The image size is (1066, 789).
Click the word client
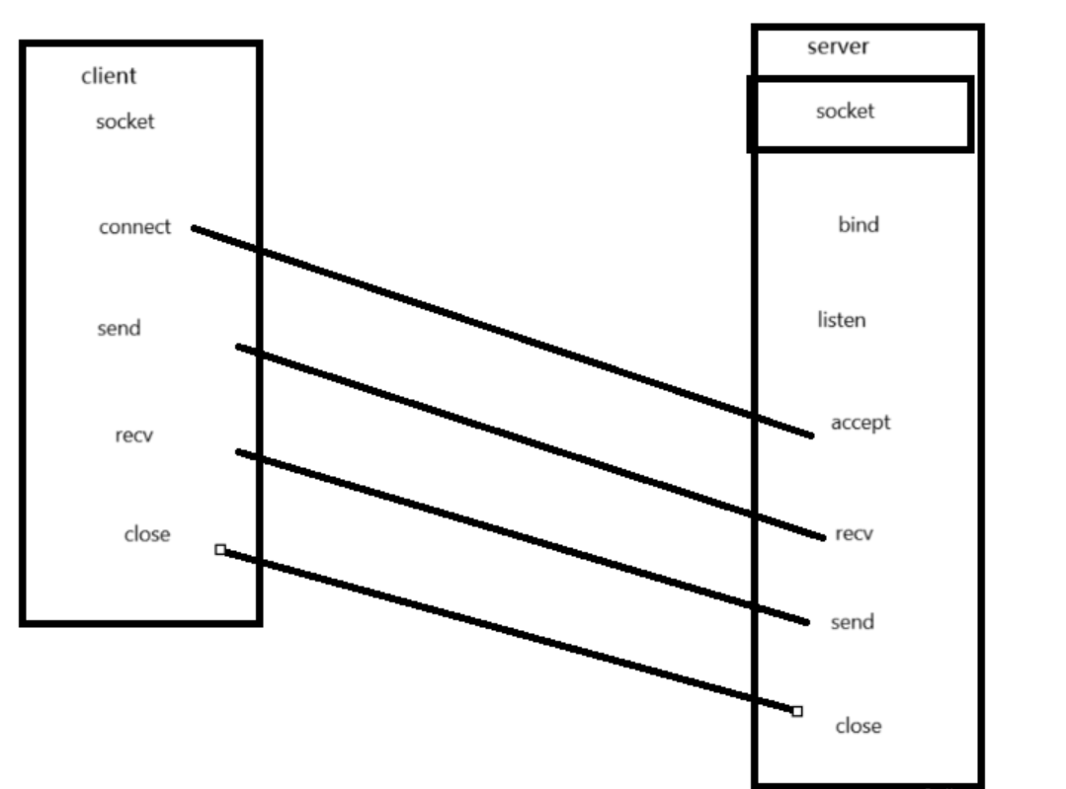coord(108,76)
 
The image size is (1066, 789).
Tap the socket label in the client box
coord(124,122)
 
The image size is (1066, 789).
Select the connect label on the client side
coord(134,227)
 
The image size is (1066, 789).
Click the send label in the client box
coord(119,328)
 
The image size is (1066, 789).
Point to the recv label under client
coord(132,434)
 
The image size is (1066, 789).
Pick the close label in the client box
coord(146,534)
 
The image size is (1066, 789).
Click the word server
coord(838,47)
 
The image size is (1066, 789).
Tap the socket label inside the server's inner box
coord(845,111)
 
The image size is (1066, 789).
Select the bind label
coord(858,225)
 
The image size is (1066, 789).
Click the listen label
coord(842,320)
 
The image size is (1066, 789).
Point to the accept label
coord(860,423)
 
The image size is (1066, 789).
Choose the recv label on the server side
coord(854,534)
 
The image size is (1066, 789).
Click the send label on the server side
coord(852,623)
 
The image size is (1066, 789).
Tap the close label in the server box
coord(858,726)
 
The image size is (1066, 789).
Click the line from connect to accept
coord(502,331)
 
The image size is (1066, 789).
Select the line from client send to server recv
coord(530,442)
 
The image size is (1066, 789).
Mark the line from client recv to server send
coord(522,537)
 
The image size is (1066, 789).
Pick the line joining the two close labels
coord(508,630)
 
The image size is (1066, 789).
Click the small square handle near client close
coord(219,549)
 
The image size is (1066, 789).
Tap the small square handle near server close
coord(797,711)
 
